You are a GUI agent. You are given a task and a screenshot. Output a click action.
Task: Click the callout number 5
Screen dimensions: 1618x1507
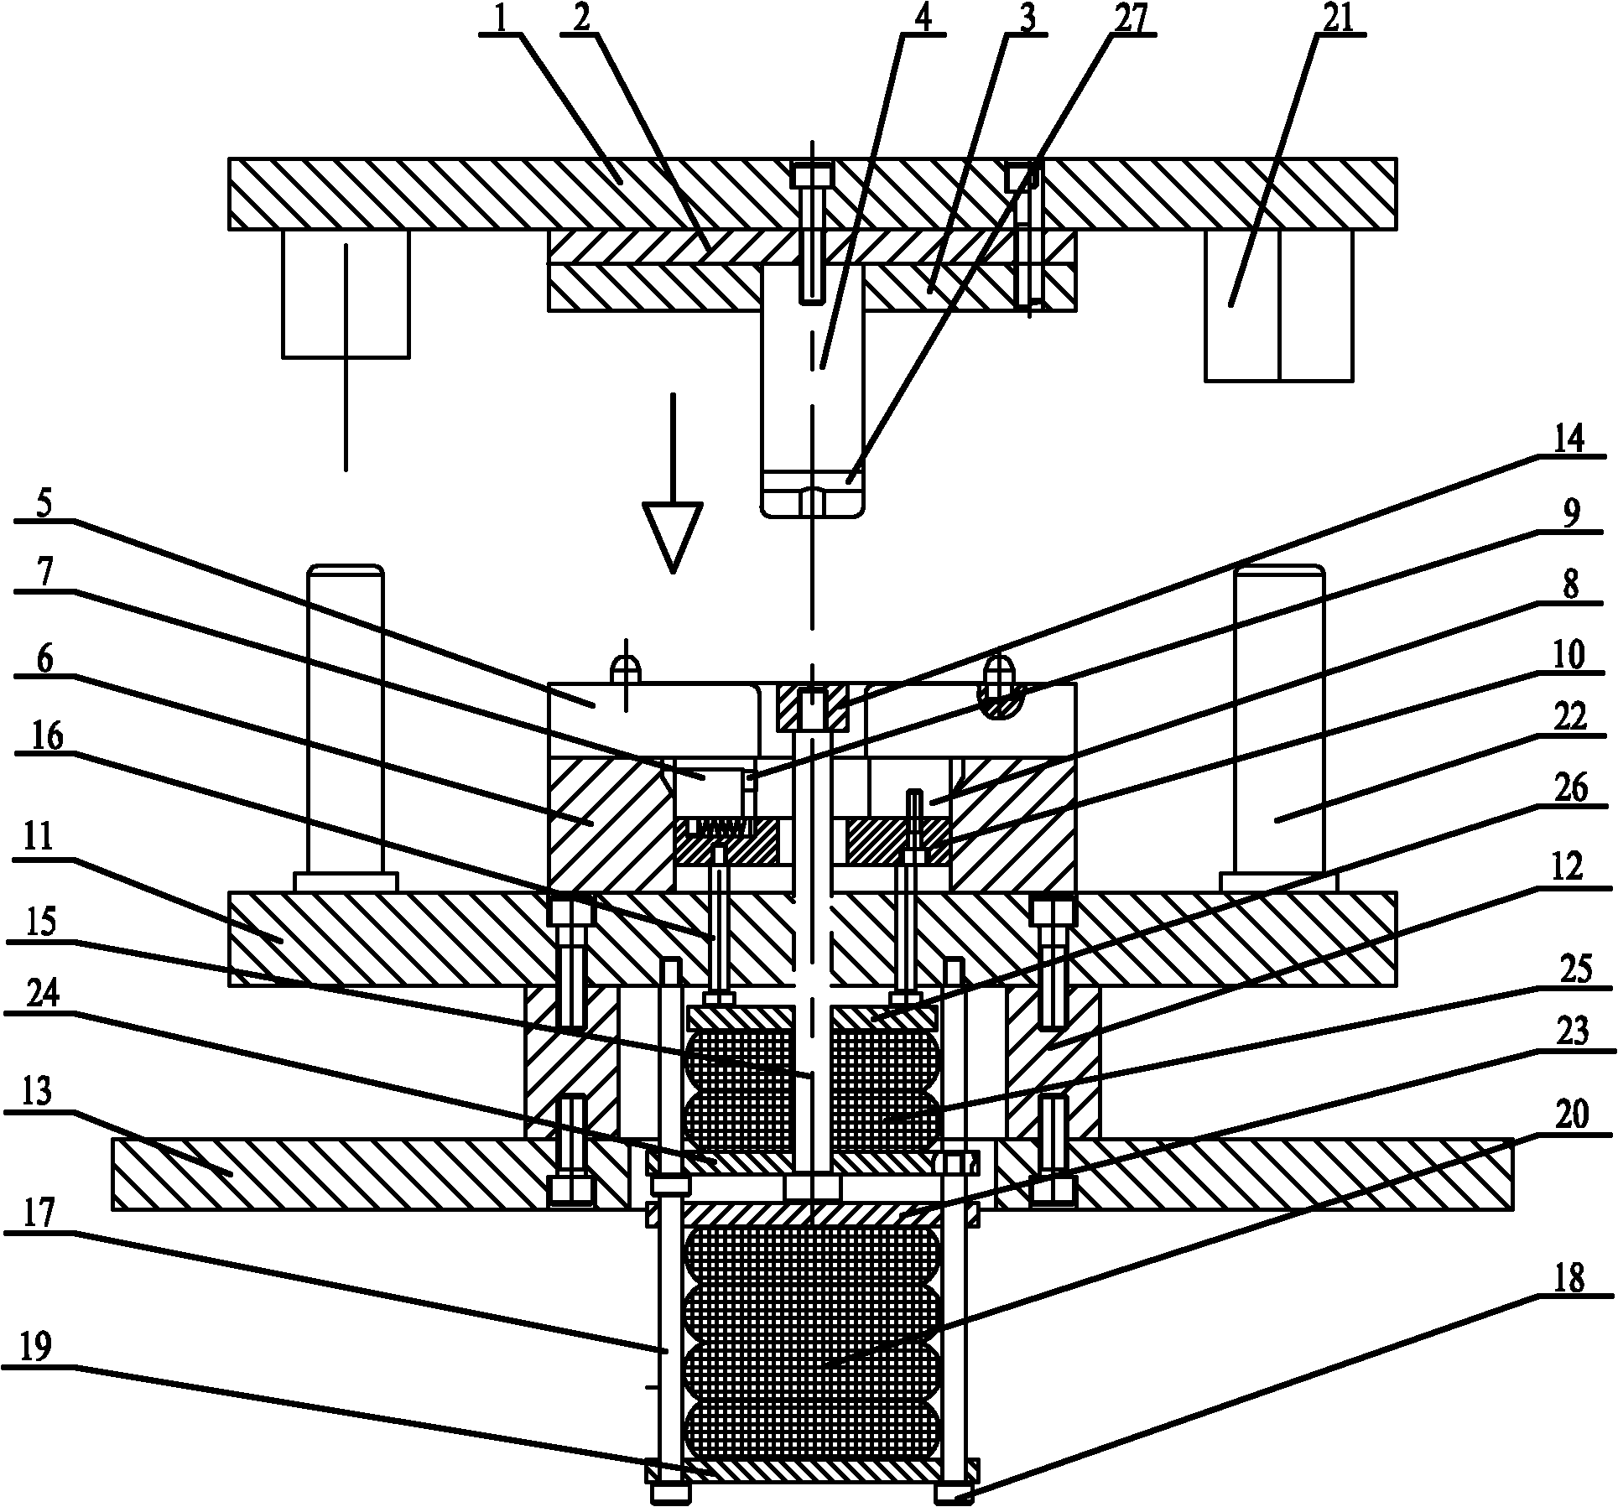pyautogui.click(x=43, y=504)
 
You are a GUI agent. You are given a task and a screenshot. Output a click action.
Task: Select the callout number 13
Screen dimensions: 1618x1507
pyautogui.click(x=37, y=1092)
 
